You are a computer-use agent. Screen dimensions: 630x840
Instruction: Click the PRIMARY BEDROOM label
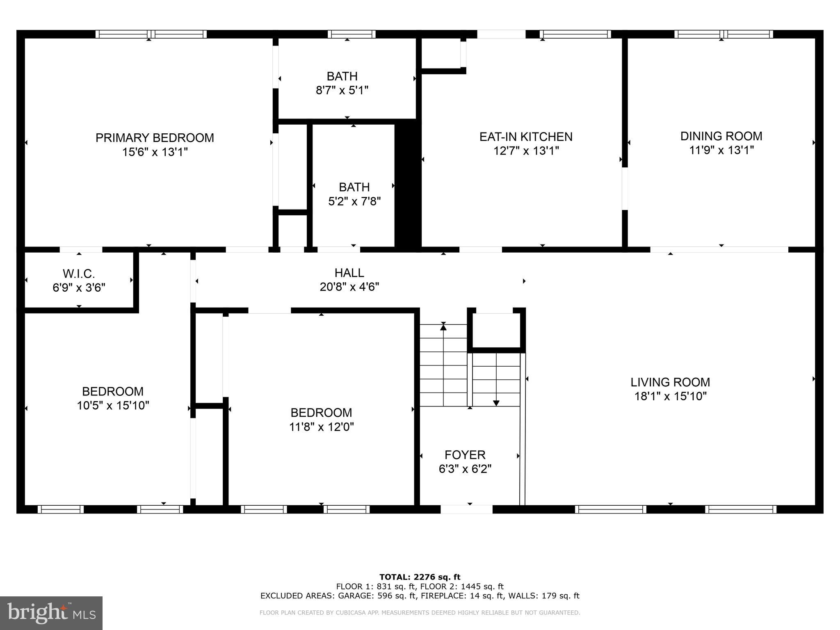click(x=155, y=138)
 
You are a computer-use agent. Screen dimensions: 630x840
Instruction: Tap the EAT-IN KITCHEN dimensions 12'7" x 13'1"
click(x=526, y=151)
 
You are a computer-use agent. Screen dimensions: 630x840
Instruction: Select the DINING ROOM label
click(x=721, y=136)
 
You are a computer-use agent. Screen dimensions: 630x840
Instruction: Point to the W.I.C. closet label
click(x=79, y=274)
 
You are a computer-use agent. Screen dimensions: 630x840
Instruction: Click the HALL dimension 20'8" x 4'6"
click(x=349, y=287)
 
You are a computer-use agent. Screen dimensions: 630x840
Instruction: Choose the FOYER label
click(x=465, y=454)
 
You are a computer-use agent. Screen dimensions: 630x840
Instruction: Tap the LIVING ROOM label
click(x=670, y=382)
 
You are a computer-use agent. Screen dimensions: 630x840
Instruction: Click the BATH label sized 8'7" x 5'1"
click(x=342, y=76)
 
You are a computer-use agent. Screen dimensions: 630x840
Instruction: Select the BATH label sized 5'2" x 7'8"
click(x=354, y=187)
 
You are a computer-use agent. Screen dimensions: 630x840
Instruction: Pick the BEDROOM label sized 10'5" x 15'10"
click(x=112, y=391)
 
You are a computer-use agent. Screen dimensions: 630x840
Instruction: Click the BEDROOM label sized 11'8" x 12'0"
click(x=321, y=413)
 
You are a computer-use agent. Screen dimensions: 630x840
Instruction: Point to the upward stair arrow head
click(x=443, y=327)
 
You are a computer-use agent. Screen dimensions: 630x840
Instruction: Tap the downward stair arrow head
click(x=496, y=403)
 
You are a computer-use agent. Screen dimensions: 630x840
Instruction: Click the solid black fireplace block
click(x=407, y=185)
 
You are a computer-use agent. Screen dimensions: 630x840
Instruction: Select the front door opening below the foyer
click(x=466, y=509)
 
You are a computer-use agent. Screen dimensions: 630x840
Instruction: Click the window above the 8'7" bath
click(x=352, y=34)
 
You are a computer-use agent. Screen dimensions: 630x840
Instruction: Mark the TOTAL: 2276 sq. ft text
click(x=420, y=577)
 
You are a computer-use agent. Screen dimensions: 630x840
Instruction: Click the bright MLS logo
click(x=51, y=613)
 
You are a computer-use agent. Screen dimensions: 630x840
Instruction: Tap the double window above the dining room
click(x=724, y=34)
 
